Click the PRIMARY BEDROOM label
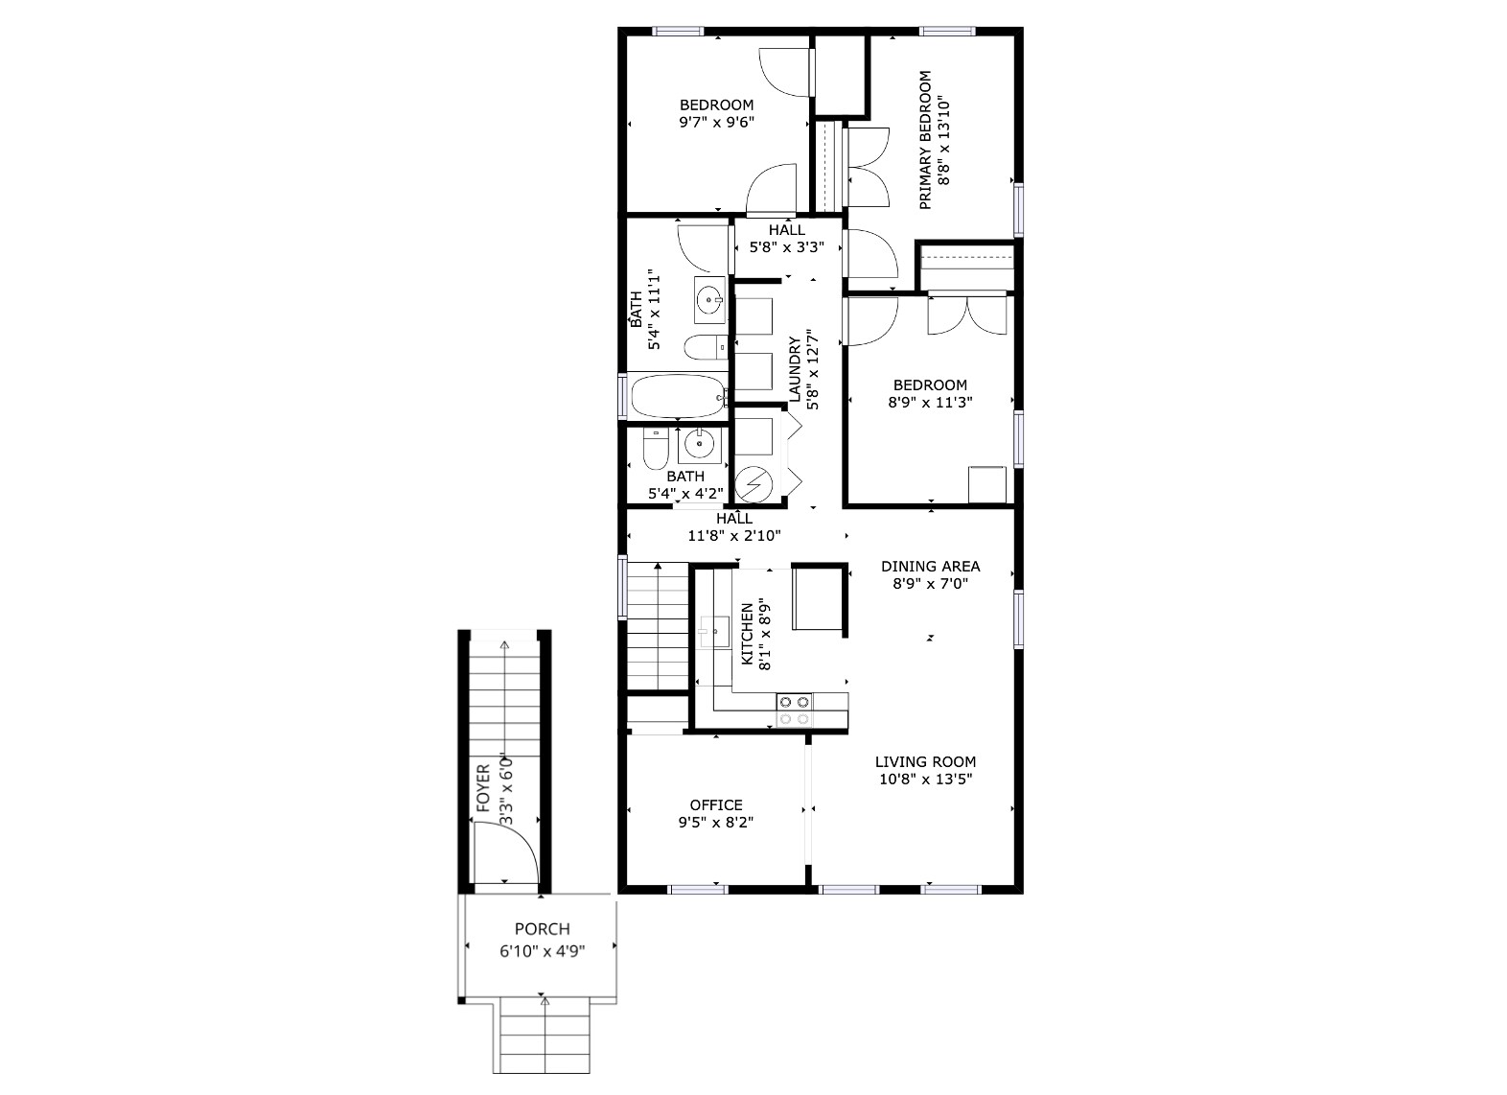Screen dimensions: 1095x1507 [x=925, y=140]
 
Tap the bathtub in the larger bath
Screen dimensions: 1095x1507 [x=678, y=396]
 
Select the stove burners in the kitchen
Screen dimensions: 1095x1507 [x=795, y=710]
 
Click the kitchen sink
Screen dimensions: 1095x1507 [x=715, y=631]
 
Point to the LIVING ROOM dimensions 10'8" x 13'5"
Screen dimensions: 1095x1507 [x=925, y=780]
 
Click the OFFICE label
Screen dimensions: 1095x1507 [x=716, y=804]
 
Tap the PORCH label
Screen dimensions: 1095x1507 [x=542, y=928]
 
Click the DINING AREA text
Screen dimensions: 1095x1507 [x=930, y=566]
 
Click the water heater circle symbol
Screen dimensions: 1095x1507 [x=753, y=483]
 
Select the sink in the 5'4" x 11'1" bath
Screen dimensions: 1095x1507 [x=710, y=300]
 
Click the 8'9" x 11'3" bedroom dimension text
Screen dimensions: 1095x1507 [x=930, y=403]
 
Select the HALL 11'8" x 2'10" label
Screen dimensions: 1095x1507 [x=734, y=526]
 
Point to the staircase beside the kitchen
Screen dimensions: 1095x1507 [x=659, y=626]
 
